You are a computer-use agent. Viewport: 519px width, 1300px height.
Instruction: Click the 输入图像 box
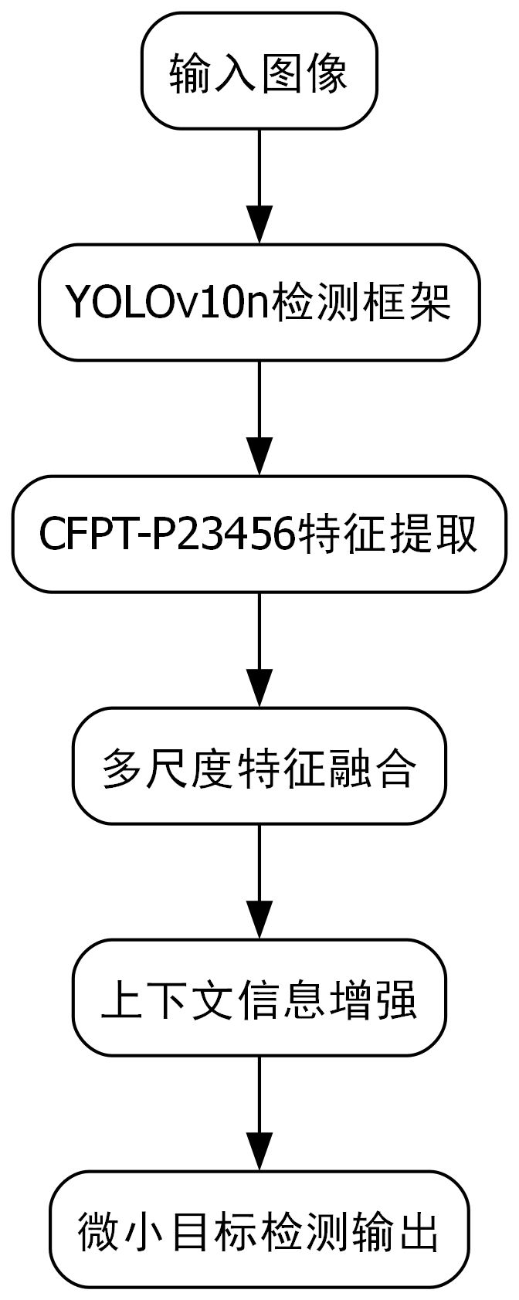(259, 71)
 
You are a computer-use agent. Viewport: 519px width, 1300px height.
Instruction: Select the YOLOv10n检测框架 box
(259, 302)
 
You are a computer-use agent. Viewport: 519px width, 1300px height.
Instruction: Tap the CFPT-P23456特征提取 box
(259, 534)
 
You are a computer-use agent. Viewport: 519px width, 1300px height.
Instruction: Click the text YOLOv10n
(166, 303)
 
